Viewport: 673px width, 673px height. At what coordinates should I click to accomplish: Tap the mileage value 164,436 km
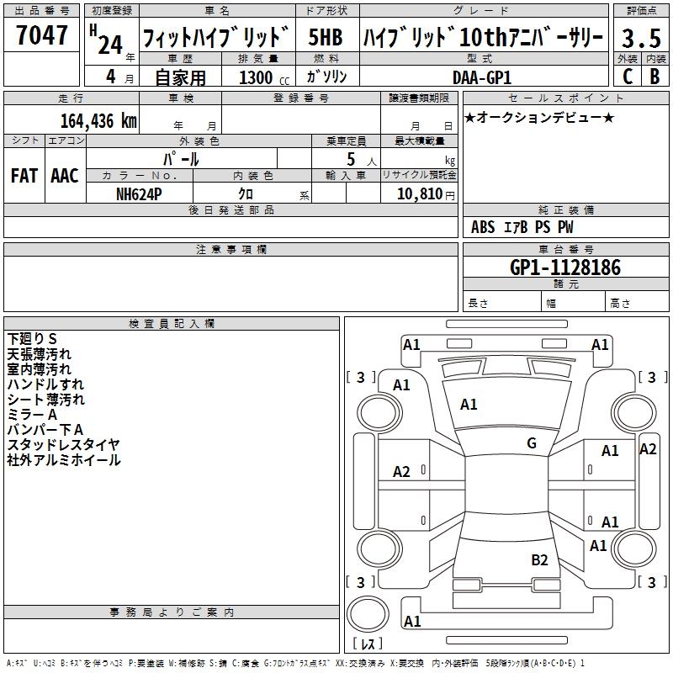point(98,120)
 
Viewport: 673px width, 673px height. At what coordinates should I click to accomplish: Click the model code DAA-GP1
point(481,77)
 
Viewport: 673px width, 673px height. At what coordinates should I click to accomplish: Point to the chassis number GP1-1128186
point(564,268)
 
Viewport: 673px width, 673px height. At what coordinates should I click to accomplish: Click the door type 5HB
point(325,38)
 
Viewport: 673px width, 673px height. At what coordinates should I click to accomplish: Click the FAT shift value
point(24,176)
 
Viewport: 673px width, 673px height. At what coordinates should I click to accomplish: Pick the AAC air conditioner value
point(65,176)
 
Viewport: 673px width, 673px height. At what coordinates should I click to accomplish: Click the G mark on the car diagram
point(531,443)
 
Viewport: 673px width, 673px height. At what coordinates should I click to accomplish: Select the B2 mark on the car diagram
point(539,559)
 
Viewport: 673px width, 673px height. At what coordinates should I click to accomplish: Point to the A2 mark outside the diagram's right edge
point(648,449)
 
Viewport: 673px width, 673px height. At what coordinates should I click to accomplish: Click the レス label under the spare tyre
point(371,644)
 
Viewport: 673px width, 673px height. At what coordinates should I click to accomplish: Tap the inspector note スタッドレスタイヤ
point(64,445)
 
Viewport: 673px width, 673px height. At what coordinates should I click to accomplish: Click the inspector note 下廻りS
point(32,338)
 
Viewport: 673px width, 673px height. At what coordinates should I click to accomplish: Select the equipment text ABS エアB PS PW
point(522,227)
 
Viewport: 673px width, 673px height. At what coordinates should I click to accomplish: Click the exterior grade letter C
point(628,77)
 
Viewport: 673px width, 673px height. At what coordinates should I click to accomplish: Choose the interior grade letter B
point(655,77)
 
